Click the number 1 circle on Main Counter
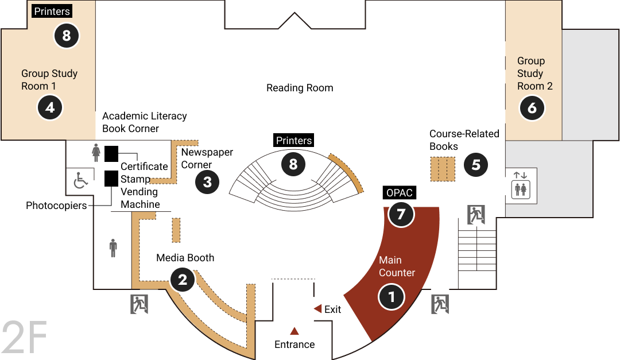pyautogui.click(x=392, y=297)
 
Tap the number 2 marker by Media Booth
pyautogui.click(x=183, y=280)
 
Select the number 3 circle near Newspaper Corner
pyautogui.click(x=207, y=182)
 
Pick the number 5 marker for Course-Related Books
pyautogui.click(x=476, y=165)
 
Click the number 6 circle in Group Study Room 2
pyautogui.click(x=532, y=107)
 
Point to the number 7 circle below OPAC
pyautogui.click(x=401, y=214)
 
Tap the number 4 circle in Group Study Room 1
pyautogui.click(x=50, y=107)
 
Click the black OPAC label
pyautogui.click(x=400, y=193)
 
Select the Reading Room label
pyautogui.click(x=300, y=88)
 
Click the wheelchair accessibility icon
pyautogui.click(x=81, y=180)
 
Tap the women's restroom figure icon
pyautogui.click(x=96, y=153)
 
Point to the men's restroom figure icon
pyautogui.click(x=113, y=248)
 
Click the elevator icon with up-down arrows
pyautogui.click(x=521, y=185)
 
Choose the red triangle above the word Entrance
pyautogui.click(x=294, y=331)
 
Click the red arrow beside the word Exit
pyautogui.click(x=317, y=308)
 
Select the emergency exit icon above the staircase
pyautogui.click(x=476, y=215)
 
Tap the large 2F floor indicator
pyautogui.click(x=25, y=338)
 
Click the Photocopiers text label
pyautogui.click(x=56, y=206)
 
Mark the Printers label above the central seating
pyautogui.click(x=294, y=141)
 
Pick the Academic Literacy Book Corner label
pyautogui.click(x=144, y=122)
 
